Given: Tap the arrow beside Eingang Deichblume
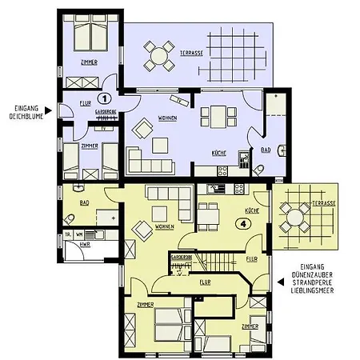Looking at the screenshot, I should click(x=50, y=110).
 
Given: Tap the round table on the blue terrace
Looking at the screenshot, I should click(x=158, y=56).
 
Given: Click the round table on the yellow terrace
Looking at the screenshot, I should click(x=296, y=217).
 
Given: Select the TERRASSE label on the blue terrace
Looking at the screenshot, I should click(x=191, y=52).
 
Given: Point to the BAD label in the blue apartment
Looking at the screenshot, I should click(x=266, y=149).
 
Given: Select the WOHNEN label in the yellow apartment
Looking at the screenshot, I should click(x=165, y=226).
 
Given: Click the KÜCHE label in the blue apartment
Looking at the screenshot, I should click(x=218, y=152).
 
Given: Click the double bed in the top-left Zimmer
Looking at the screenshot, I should click(x=86, y=37).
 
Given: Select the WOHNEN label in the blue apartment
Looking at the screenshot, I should click(x=167, y=119).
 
